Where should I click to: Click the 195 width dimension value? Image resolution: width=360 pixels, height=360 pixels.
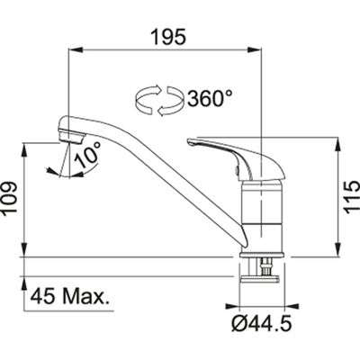coord(166,38)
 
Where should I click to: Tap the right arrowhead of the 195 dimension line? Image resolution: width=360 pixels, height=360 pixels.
coord(261,53)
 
